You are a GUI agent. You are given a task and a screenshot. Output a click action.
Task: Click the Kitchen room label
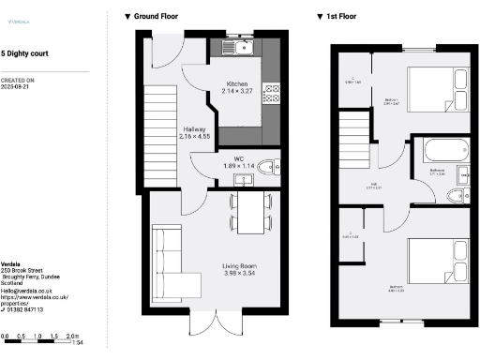[236, 83]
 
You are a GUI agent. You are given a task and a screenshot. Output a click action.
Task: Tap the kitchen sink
[241, 46]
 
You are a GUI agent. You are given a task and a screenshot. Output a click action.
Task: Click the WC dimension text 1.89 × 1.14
[239, 166]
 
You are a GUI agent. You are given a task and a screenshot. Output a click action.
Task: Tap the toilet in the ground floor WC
[268, 169]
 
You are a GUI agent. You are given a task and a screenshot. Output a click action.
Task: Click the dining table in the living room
[250, 212]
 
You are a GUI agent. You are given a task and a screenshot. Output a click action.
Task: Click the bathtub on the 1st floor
[440, 150]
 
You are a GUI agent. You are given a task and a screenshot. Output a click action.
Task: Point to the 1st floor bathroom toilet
[456, 194]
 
